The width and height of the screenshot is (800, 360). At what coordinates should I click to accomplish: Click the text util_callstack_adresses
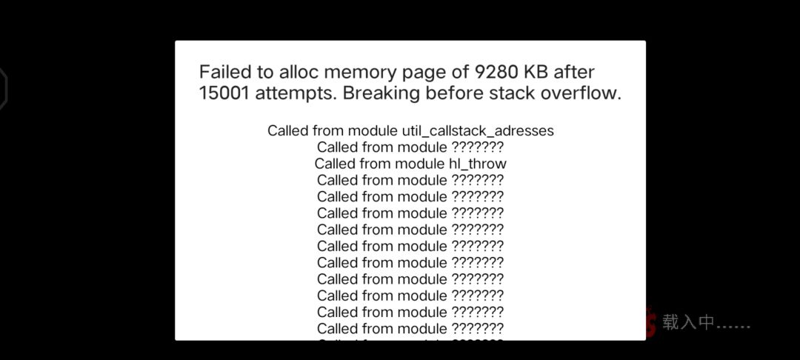[x=477, y=131]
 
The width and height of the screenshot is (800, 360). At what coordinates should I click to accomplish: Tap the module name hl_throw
[x=474, y=164]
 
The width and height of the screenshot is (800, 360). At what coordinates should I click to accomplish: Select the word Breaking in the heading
[x=377, y=94]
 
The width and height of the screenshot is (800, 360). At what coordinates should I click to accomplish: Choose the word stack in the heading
[x=493, y=93]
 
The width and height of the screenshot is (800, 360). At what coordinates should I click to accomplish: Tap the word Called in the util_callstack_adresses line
[x=287, y=131]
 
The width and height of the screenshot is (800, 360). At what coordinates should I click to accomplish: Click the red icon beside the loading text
[x=650, y=321]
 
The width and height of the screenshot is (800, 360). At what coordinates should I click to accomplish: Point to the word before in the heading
[x=440, y=93]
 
